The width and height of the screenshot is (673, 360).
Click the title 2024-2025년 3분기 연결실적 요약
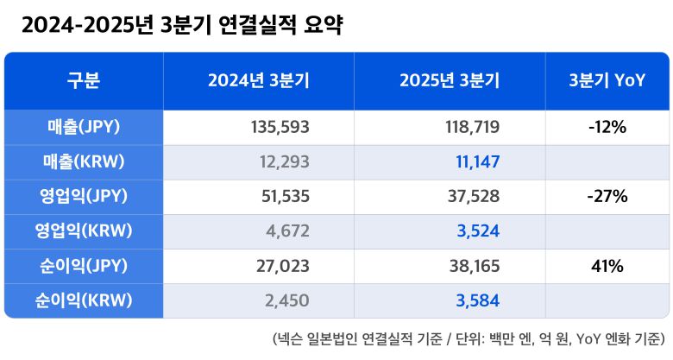(x=182, y=26)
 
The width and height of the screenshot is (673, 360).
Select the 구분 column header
(x=84, y=81)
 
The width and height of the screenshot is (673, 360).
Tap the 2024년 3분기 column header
(x=259, y=81)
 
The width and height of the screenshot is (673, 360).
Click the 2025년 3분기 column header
(x=450, y=81)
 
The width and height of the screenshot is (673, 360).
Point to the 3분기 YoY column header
(x=607, y=81)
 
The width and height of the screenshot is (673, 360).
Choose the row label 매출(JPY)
(x=84, y=128)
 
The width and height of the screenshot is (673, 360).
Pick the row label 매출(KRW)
(x=84, y=162)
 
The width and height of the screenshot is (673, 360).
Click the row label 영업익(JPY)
(x=84, y=197)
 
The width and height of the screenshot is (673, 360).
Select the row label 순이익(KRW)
(x=84, y=300)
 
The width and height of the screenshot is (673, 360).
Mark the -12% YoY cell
(x=607, y=128)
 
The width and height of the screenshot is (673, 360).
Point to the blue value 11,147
(x=477, y=162)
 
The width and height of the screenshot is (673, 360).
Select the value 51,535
(x=285, y=197)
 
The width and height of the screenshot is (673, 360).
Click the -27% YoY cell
(x=607, y=197)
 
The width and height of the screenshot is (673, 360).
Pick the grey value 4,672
(x=289, y=231)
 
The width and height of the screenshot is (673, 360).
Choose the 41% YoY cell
(x=607, y=266)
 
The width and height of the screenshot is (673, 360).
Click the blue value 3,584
(x=478, y=300)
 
